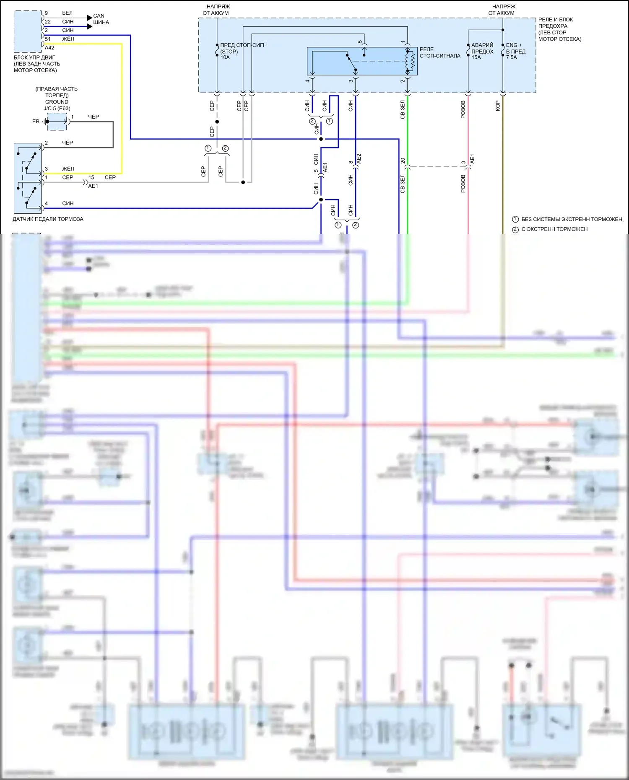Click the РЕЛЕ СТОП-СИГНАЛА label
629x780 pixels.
tap(439, 52)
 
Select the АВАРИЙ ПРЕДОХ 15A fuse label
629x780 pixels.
tap(482, 51)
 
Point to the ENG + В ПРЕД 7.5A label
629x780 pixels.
tap(515, 51)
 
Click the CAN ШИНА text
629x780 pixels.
tap(101, 19)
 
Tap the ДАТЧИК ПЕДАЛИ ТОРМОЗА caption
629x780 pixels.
tap(48, 219)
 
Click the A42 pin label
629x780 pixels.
tap(49, 48)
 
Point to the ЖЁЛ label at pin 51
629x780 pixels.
tap(68, 39)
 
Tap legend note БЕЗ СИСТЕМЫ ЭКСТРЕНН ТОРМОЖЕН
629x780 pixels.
tap(572, 219)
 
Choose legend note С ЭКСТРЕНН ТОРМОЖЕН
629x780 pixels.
tap(554, 229)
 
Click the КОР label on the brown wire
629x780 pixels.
tap(498, 106)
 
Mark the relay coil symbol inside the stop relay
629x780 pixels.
tap(411, 61)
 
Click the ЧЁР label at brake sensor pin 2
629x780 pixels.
tap(68, 143)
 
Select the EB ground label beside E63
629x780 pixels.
tap(36, 122)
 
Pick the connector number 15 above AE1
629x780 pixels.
tap(91, 177)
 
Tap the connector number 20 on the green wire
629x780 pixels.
tap(403, 161)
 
